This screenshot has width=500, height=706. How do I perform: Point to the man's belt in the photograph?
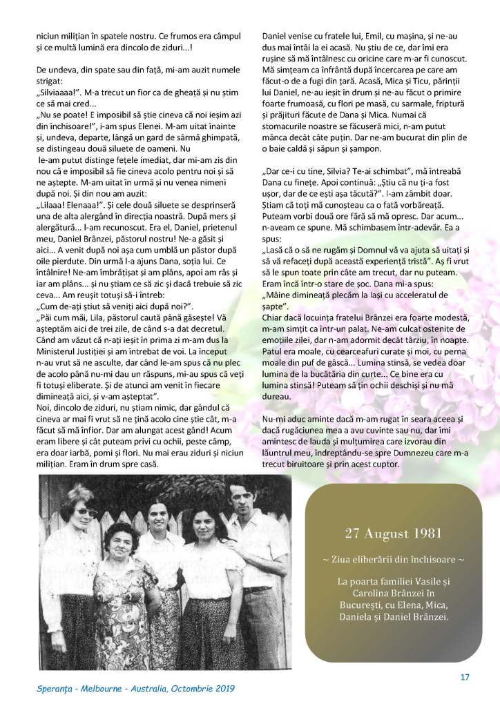pyautogui.click(x=257, y=589)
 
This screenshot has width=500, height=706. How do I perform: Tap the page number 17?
pyautogui.click(x=465, y=676)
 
